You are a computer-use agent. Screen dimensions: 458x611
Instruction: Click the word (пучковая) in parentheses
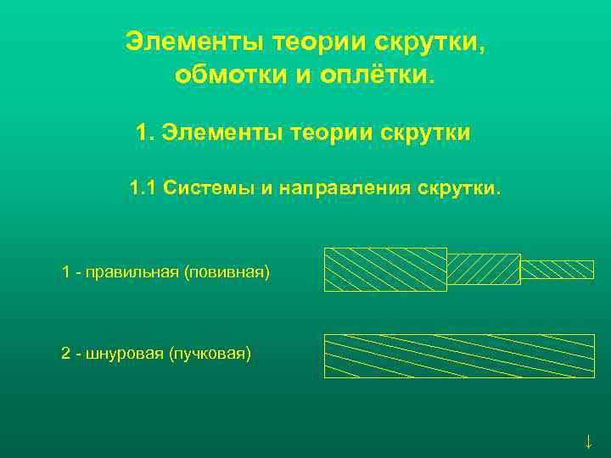(x=212, y=353)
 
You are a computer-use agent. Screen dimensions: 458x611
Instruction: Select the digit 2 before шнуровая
(x=65, y=353)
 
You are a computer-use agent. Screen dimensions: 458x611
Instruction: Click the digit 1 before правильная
(x=65, y=272)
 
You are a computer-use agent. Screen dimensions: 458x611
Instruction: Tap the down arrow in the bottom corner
(x=588, y=441)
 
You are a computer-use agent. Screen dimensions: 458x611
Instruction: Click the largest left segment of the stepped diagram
(x=385, y=270)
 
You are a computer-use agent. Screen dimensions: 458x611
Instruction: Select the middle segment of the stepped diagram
(x=483, y=269)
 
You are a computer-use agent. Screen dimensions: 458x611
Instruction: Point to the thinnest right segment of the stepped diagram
(x=557, y=269)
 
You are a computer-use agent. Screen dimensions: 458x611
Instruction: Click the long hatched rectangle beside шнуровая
(x=459, y=355)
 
